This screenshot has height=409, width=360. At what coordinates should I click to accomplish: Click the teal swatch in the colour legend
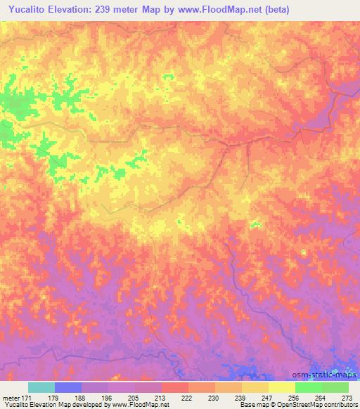point(41,387)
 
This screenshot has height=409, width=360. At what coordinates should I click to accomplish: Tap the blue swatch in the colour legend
point(68,387)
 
